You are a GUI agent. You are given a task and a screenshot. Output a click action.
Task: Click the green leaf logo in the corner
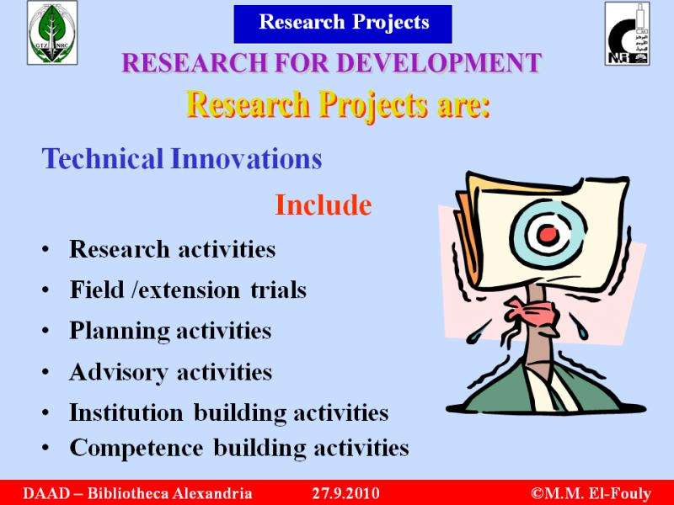pyautogui.click(x=52, y=33)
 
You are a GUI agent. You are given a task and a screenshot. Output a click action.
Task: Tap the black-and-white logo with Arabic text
pyautogui.click(x=627, y=34)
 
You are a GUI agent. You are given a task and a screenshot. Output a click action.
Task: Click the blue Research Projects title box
pyautogui.click(x=343, y=24)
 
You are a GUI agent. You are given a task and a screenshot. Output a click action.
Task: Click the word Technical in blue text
pyautogui.click(x=102, y=158)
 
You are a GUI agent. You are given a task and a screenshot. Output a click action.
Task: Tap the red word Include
pyautogui.click(x=324, y=205)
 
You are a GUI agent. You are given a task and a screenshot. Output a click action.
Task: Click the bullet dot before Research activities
pyautogui.click(x=45, y=249)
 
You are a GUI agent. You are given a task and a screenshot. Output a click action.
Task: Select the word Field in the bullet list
pyautogui.click(x=97, y=290)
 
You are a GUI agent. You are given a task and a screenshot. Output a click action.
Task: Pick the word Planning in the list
pyautogui.click(x=120, y=332)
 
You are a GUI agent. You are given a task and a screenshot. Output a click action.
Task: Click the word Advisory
pyautogui.click(x=118, y=372)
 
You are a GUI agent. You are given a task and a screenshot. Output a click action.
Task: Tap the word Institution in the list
pyautogui.click(x=126, y=412)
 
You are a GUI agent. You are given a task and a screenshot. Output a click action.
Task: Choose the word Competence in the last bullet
pyautogui.click(x=136, y=448)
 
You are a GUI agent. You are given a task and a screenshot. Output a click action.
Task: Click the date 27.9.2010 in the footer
pyautogui.click(x=346, y=492)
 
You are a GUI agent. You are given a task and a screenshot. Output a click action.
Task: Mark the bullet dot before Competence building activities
pyautogui.click(x=45, y=448)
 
